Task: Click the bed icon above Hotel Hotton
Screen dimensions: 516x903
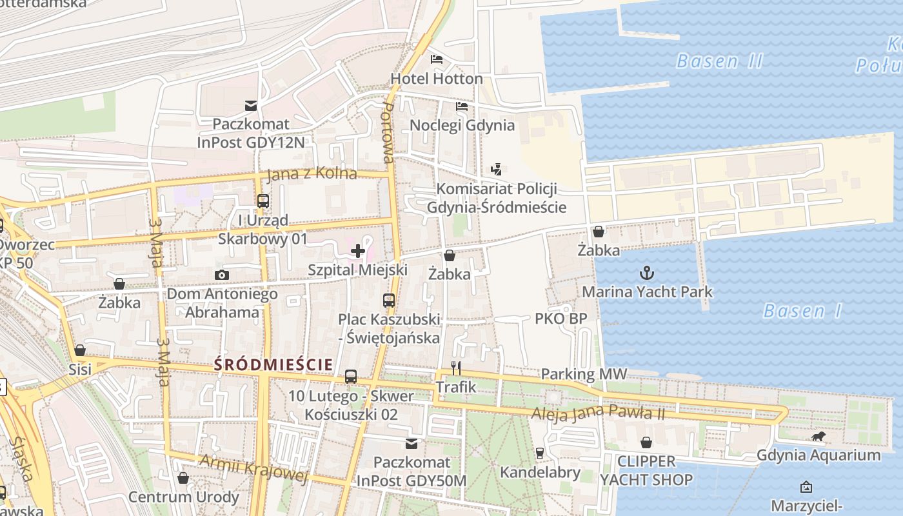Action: click(x=437, y=59)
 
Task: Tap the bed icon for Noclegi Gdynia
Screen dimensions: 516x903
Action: click(x=462, y=106)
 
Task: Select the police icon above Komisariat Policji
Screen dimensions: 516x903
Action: click(x=496, y=170)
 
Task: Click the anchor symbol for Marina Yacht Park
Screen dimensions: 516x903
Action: click(x=646, y=273)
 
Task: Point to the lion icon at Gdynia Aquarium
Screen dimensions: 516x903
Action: click(x=819, y=437)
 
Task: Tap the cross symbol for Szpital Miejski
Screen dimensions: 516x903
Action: click(x=358, y=251)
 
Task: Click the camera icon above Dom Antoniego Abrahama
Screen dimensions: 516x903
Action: click(x=222, y=275)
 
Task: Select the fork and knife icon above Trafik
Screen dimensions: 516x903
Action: click(x=456, y=368)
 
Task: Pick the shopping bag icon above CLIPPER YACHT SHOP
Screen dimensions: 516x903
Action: click(x=646, y=442)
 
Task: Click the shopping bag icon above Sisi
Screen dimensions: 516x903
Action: click(x=80, y=350)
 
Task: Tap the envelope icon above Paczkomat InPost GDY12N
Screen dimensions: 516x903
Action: click(x=250, y=105)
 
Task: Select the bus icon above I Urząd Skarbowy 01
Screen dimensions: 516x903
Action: click(x=263, y=201)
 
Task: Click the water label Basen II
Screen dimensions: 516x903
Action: click(x=719, y=62)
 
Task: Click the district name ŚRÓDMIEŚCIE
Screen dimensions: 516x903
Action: click(x=273, y=364)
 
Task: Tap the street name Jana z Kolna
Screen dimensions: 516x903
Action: click(x=312, y=174)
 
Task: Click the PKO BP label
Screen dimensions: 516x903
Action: click(x=561, y=319)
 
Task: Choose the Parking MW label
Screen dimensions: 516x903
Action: click(x=583, y=374)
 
